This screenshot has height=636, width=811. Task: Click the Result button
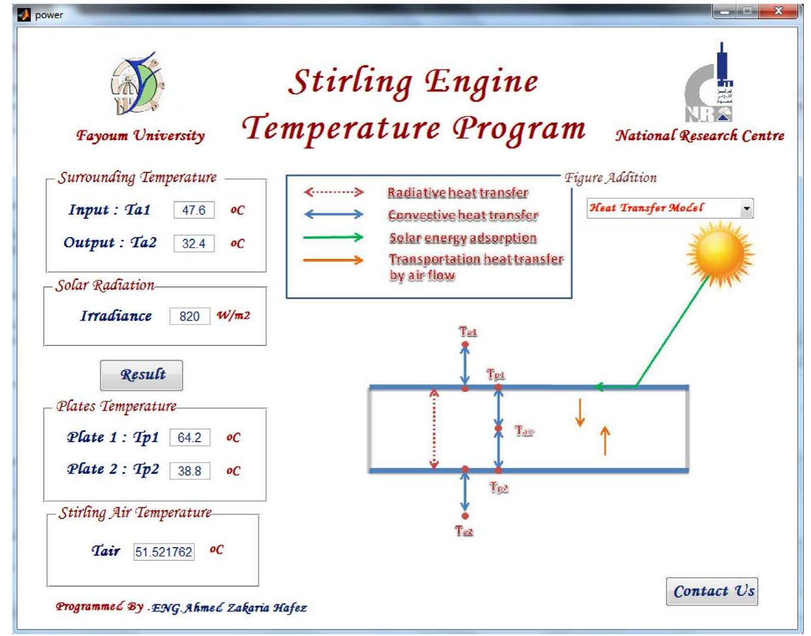(x=141, y=375)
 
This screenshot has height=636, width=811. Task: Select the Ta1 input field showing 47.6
(x=194, y=210)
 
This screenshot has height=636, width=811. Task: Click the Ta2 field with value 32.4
(x=194, y=244)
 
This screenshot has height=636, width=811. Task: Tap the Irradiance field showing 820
(x=189, y=316)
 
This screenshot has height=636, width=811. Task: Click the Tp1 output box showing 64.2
(x=189, y=437)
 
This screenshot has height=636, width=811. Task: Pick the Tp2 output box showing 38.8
(x=189, y=471)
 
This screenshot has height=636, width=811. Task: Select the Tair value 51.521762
(x=164, y=552)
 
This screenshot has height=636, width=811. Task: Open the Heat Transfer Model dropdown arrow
(x=746, y=208)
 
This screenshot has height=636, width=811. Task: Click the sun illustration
(x=720, y=253)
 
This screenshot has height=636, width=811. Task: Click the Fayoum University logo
(x=138, y=85)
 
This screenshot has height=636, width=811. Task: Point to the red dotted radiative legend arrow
(x=334, y=193)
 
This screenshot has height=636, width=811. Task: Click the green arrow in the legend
(x=334, y=238)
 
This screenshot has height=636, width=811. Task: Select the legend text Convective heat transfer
(x=463, y=215)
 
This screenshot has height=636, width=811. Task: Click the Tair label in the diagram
(x=524, y=431)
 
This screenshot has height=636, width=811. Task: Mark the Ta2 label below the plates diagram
(x=464, y=531)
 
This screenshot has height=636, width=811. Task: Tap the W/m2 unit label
(x=233, y=316)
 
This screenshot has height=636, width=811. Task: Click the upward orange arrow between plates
(x=605, y=440)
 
